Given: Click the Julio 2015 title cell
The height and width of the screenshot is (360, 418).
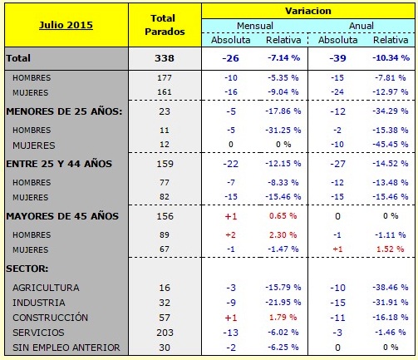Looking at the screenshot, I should point(66,25).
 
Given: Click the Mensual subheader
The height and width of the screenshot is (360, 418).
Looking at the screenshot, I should point(254,26).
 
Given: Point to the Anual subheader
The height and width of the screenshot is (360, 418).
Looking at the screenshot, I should point(361,26).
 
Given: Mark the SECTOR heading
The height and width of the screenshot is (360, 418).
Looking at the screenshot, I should point(27,269).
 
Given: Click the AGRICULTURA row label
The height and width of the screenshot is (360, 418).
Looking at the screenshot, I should point(46,287).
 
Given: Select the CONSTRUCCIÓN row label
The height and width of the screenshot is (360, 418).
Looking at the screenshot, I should point(51,318).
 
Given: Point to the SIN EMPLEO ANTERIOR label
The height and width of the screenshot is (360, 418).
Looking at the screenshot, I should point(66,348).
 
